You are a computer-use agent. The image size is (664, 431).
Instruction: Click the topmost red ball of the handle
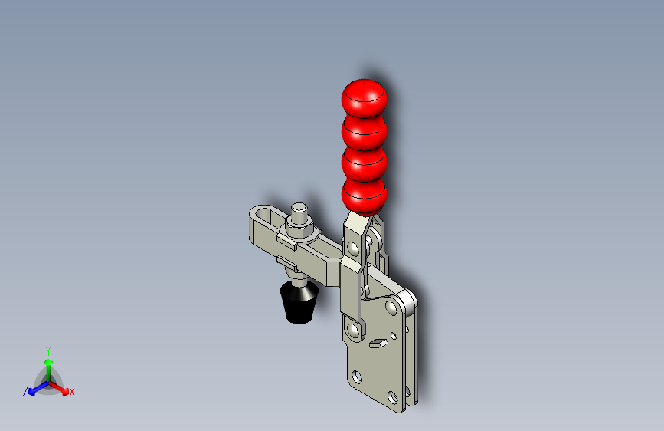pos(364,97)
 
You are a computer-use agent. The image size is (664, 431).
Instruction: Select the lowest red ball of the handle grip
pos(364,197)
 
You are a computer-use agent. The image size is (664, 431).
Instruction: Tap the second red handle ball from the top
pos(364,132)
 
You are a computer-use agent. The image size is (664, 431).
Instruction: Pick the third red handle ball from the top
pos(364,164)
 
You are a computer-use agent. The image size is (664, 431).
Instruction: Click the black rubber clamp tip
pos(299,302)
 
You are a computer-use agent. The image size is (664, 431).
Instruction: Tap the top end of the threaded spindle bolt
pos(299,208)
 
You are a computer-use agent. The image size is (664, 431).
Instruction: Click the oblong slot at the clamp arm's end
pos(267,216)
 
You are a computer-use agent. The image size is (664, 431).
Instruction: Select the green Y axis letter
pos(48,351)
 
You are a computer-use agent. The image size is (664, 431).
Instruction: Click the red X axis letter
pos(71,393)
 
